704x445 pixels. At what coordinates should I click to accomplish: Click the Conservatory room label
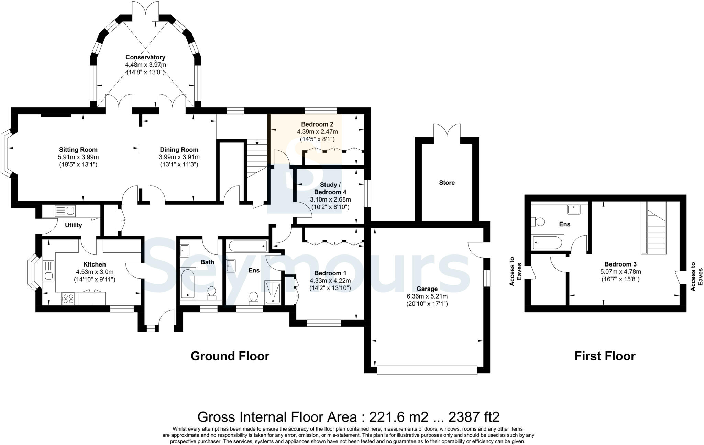(145, 57)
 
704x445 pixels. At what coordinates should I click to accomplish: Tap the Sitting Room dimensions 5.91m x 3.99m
(78, 157)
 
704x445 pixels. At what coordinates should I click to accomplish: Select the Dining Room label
(179, 150)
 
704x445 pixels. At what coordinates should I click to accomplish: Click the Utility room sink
(65, 210)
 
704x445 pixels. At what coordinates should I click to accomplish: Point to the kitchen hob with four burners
(68, 298)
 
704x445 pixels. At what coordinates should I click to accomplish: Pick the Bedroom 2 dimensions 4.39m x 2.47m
(317, 132)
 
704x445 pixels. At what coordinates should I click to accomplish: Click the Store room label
(447, 183)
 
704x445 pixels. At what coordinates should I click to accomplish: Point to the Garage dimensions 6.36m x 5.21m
(427, 296)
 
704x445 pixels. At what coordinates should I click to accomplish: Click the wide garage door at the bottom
(427, 370)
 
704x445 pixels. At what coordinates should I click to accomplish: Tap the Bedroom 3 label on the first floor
(620, 264)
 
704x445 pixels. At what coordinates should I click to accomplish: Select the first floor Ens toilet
(538, 222)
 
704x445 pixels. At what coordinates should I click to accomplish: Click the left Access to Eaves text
(516, 271)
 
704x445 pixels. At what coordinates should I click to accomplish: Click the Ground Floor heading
(230, 356)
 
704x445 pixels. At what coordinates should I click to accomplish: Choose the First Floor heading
(605, 356)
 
